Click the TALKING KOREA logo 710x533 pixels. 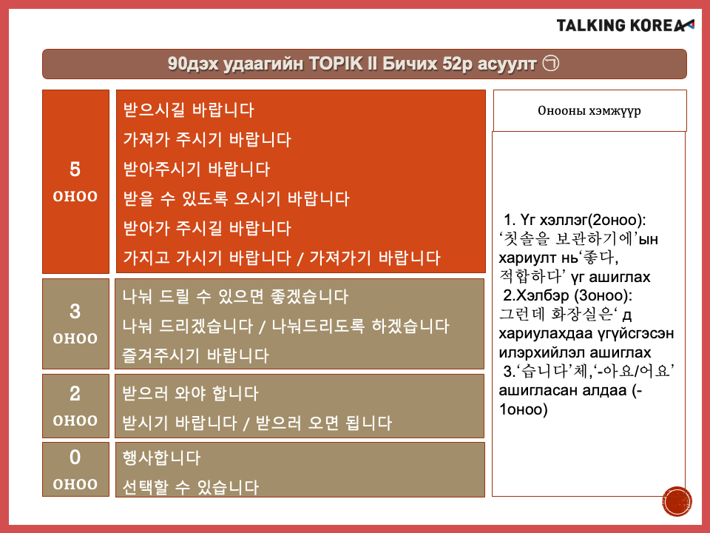click(625, 25)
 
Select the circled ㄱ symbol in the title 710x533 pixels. click(550, 63)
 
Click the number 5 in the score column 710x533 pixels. click(75, 170)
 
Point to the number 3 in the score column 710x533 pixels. click(75, 312)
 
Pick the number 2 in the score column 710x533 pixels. click(75, 393)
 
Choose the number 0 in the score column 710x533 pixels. click(75, 457)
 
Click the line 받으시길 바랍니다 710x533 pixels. click(189, 110)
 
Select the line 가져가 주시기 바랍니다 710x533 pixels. click(207, 139)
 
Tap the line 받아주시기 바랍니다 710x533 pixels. click(197, 169)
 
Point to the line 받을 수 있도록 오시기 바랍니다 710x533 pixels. click(237, 198)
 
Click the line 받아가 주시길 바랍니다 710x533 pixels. click(207, 228)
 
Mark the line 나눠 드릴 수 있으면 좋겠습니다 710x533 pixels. click(235, 296)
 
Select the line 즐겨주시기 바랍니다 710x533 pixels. click(195, 355)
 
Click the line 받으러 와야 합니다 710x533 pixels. click(190, 393)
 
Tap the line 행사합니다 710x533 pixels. click(161, 457)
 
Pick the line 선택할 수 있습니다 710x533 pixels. click(190, 487)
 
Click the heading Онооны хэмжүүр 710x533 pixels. click(589, 110)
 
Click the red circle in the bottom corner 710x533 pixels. click(677, 501)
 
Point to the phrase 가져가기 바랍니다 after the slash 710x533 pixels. click(375, 258)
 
